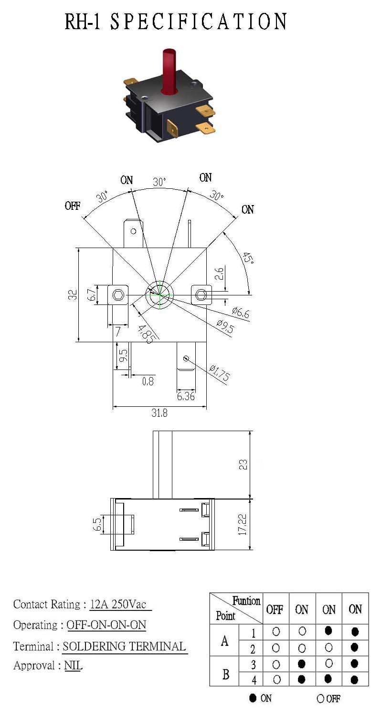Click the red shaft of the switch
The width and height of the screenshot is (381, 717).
coord(169,72)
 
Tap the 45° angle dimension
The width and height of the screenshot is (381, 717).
coord(248,258)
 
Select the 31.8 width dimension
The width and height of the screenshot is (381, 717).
coord(159,413)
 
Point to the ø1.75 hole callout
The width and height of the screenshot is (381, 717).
coord(220,373)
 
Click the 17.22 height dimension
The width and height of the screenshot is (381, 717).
coord(243,524)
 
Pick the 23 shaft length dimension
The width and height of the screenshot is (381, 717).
coord(243,465)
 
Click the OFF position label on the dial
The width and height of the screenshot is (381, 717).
coord(73,206)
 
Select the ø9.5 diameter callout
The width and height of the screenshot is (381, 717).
coord(225,327)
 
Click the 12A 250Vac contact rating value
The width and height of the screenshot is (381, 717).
coord(118,604)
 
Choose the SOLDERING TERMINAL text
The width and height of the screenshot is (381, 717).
coord(124,646)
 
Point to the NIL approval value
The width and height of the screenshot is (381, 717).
coord(73,665)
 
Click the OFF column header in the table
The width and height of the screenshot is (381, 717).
coord(275,609)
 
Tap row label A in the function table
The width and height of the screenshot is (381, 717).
coord(225,641)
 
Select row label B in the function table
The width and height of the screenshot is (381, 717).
coord(226,674)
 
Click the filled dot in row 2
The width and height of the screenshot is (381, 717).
coord(354,648)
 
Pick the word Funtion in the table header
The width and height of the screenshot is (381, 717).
coord(246,601)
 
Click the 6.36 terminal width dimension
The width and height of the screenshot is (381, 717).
coord(186,396)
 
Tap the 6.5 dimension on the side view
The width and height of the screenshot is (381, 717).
coord(97,524)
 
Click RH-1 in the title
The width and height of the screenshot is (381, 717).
coord(83,22)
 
